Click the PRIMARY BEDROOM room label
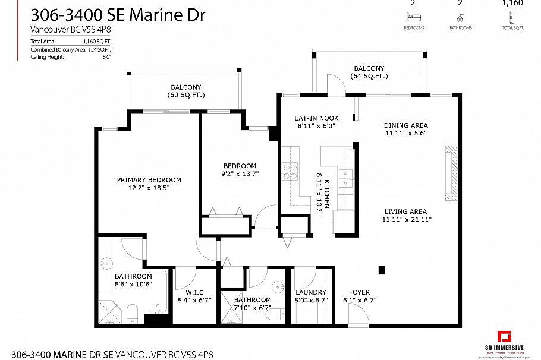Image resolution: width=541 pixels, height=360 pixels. (x=149, y=180)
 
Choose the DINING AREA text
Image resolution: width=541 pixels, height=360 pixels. (x=405, y=125)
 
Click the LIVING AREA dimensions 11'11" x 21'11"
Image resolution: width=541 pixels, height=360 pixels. (x=407, y=219)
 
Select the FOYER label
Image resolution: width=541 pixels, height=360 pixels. (x=360, y=292)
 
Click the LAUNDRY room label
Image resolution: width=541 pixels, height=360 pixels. (x=311, y=292)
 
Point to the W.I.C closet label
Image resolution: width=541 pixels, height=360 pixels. (x=194, y=292)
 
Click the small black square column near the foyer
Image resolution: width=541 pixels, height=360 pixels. (x=382, y=270)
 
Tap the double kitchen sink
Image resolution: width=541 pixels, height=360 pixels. (x=345, y=178)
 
